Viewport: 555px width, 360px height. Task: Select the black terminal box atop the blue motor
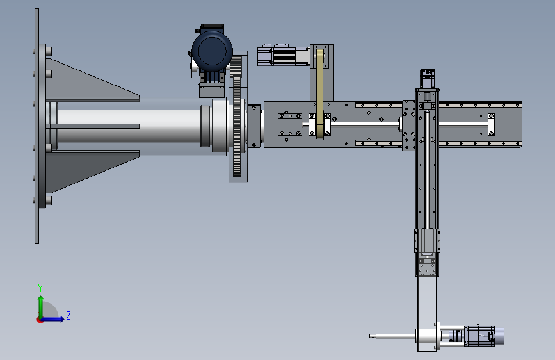(x=212, y=28)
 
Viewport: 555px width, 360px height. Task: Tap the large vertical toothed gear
(x=237, y=117)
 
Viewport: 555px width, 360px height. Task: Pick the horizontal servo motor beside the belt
(x=283, y=55)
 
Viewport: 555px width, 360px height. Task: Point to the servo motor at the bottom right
(x=483, y=335)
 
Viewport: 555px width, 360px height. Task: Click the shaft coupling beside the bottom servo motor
(x=456, y=335)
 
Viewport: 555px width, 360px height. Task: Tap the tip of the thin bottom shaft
(x=370, y=336)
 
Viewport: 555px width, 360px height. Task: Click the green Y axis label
(x=40, y=288)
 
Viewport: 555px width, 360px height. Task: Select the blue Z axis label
(x=68, y=315)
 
